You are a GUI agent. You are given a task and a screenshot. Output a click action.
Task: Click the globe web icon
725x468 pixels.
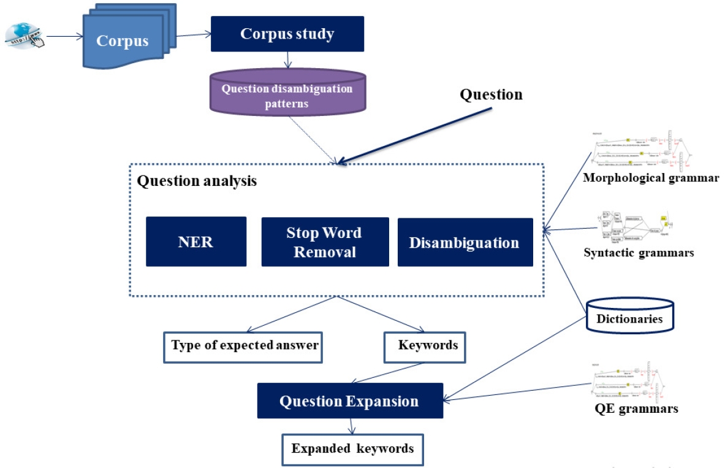(x=23, y=35)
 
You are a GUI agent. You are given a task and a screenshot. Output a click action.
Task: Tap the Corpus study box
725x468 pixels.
(x=287, y=34)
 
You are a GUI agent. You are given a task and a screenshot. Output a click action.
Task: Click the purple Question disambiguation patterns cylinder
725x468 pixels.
(x=287, y=94)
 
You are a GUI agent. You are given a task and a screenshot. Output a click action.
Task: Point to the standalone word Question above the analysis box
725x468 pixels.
(x=491, y=94)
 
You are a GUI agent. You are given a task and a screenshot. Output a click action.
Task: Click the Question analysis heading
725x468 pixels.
(x=197, y=181)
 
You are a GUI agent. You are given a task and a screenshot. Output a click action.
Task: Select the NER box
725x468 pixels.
(x=196, y=242)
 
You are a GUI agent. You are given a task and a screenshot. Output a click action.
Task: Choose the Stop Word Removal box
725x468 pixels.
(x=325, y=242)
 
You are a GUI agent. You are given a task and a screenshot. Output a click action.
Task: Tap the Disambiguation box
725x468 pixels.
(x=465, y=242)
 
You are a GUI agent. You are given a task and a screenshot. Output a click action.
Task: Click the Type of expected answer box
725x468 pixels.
(x=244, y=345)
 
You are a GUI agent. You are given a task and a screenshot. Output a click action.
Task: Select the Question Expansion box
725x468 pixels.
(x=349, y=401)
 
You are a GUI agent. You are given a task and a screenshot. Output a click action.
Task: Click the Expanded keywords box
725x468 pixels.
(x=352, y=449)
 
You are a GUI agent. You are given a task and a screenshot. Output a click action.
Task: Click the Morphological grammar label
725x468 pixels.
(x=651, y=178)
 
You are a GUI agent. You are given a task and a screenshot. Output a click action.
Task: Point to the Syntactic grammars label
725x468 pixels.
(x=639, y=252)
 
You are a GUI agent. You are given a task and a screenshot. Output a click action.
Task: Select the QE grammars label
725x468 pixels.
(x=636, y=408)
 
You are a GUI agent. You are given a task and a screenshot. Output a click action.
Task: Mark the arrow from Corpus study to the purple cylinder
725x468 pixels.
(x=287, y=59)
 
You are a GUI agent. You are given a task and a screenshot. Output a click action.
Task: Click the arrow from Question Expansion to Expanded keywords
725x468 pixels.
(x=351, y=426)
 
